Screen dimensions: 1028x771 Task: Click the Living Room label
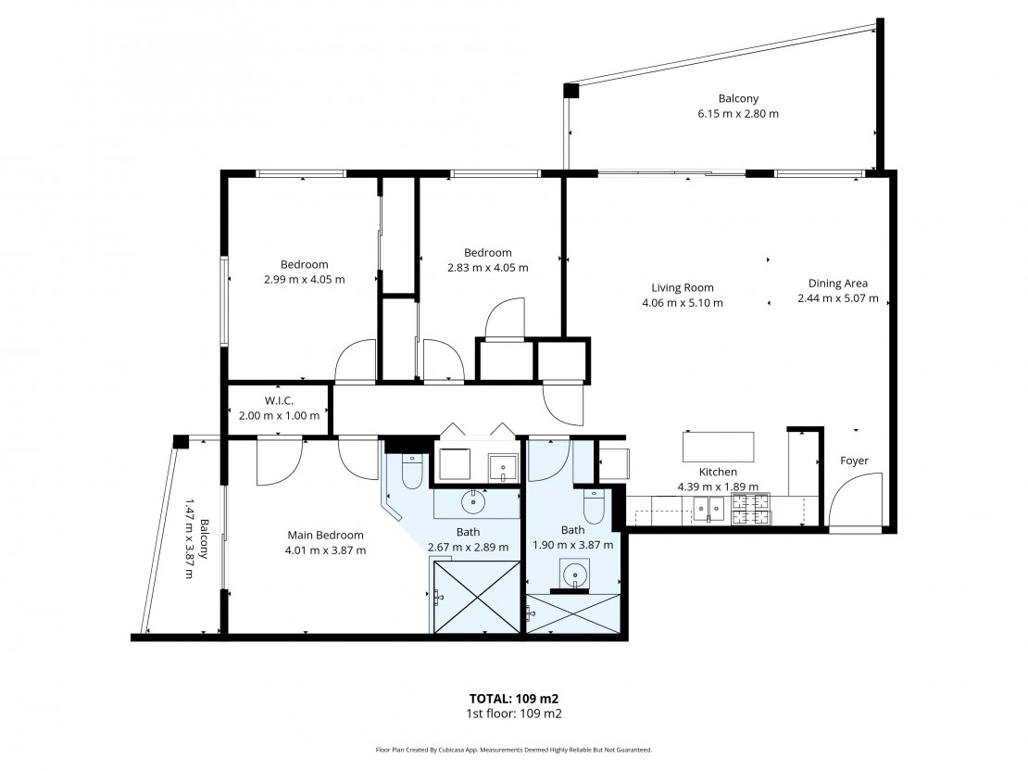pos(683,287)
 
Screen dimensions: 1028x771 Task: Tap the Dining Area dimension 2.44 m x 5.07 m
pos(838,297)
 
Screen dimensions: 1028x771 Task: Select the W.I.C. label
pos(279,400)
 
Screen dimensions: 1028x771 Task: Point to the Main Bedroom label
pos(325,535)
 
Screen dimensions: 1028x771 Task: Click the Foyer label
pos(854,461)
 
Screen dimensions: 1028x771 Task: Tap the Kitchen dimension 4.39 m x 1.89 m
pos(718,487)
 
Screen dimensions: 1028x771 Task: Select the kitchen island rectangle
pos(718,447)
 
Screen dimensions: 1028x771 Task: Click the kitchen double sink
pos(709,509)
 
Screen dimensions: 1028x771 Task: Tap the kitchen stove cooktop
pos(751,509)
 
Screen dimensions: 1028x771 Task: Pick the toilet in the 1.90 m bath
pos(595,506)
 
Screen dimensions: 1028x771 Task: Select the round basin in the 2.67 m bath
pos(472,502)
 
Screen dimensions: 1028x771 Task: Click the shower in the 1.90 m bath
pos(573,613)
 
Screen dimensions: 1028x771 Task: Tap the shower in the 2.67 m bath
pos(477,597)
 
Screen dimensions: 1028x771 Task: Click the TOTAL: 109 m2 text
pos(513,699)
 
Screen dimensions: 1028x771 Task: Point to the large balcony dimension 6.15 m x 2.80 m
pos(738,113)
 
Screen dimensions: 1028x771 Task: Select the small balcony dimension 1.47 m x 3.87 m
pos(189,538)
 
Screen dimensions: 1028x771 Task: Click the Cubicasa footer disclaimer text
pos(513,750)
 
